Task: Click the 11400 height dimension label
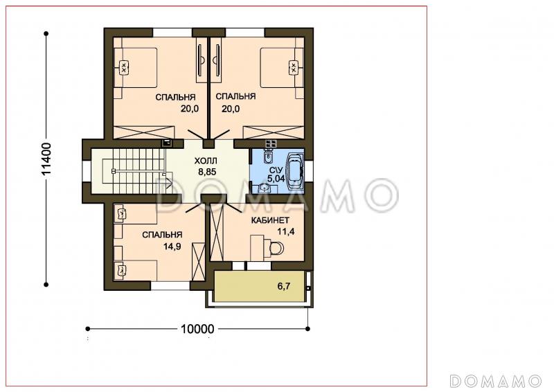click(46, 159)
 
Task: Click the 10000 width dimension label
click(197, 329)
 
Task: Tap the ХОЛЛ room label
click(206, 161)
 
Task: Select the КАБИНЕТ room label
click(270, 220)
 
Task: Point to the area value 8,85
click(207, 172)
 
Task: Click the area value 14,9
click(172, 247)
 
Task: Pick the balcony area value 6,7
click(284, 286)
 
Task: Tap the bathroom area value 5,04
click(276, 179)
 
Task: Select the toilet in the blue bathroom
click(269, 157)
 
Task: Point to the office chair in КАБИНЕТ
click(276, 248)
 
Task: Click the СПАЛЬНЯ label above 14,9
click(162, 235)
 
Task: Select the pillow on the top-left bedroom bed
click(123, 67)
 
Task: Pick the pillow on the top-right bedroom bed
click(294, 67)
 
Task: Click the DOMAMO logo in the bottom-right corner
click(496, 382)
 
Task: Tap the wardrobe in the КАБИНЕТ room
click(217, 232)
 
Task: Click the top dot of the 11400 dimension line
click(46, 33)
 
